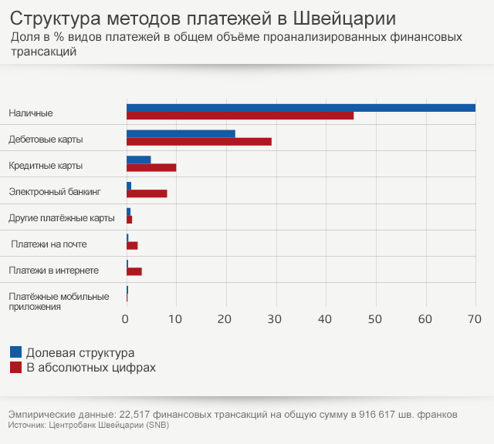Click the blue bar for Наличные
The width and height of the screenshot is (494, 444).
(x=301, y=108)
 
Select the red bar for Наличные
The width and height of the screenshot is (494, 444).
(x=240, y=116)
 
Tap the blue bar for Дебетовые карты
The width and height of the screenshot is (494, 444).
(x=181, y=134)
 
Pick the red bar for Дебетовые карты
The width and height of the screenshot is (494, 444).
(x=199, y=142)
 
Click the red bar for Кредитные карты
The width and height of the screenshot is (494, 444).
(x=151, y=167)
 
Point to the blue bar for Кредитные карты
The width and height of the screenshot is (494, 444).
(x=139, y=160)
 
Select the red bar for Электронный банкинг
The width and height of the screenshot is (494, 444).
(x=147, y=193)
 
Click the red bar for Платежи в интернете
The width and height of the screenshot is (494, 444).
(x=134, y=271)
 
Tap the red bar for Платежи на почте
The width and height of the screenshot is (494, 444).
(x=132, y=245)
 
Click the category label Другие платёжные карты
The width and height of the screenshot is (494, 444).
(x=62, y=218)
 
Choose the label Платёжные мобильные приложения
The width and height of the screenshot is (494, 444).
(x=59, y=301)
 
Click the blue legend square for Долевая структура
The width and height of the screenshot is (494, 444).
(x=15, y=352)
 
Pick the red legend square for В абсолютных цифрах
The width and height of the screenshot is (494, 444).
(x=15, y=368)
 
